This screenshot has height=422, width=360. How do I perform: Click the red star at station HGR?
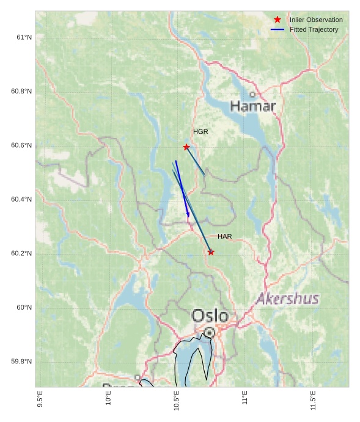[186, 147]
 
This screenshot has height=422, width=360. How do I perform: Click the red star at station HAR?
[211, 252]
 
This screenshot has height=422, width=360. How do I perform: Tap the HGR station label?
[200, 132]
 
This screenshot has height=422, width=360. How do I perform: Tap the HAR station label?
[224, 236]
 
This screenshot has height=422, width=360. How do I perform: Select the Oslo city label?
[210, 316]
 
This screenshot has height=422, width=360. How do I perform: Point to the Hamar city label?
[253, 106]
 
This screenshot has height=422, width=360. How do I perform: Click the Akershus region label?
[287, 299]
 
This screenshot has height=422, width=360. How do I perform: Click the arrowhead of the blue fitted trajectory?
[188, 215]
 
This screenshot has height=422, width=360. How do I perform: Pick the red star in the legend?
[277, 20]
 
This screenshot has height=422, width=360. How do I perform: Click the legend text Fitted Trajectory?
[314, 29]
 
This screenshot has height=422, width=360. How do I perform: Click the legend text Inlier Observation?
[316, 20]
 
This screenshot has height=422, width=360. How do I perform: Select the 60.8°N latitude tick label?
[21, 92]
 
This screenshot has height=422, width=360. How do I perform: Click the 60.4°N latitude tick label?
[21, 200]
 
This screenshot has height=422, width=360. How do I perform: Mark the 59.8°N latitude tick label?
[21, 362]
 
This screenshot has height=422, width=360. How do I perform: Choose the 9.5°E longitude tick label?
[40, 401]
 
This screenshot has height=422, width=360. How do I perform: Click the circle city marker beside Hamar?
[252, 94]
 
